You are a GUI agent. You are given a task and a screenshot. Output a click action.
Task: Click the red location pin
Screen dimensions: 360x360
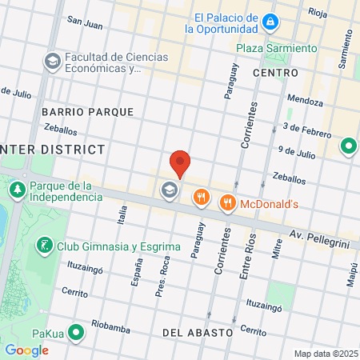[x=180, y=163]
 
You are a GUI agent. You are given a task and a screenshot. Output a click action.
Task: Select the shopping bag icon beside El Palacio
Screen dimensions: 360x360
[x=271, y=20]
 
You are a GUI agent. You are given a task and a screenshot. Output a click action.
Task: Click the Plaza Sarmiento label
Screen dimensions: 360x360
[x=271, y=48]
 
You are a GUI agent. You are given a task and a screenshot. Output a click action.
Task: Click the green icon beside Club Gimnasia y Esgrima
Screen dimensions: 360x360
[x=46, y=245]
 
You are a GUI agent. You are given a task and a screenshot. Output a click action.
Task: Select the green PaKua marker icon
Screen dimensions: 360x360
[x=77, y=331]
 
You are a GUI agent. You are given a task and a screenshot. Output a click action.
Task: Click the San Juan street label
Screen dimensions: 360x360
[x=85, y=25]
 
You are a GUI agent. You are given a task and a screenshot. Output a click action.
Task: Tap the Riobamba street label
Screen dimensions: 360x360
[x=110, y=326]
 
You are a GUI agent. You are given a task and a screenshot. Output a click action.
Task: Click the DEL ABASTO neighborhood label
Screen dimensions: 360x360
[x=197, y=331]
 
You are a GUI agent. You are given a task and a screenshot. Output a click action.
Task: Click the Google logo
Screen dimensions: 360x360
[x=26, y=350]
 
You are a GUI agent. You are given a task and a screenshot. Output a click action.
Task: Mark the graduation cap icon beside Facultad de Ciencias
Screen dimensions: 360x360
[x=52, y=62]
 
